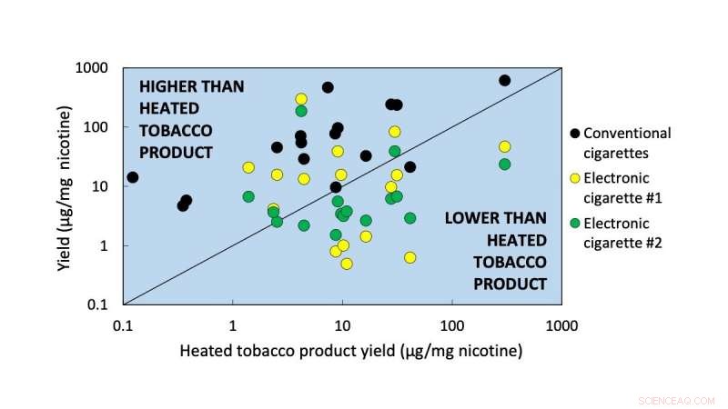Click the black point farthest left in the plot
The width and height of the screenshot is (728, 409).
(133, 177)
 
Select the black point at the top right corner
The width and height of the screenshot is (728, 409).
(505, 81)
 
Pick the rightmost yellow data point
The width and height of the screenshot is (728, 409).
(505, 146)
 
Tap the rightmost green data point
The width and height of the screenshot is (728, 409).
(505, 165)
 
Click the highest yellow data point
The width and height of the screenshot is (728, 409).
(301, 99)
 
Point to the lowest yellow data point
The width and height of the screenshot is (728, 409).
(347, 264)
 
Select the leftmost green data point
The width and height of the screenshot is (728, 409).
(248, 196)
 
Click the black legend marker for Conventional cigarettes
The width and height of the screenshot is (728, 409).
(573, 134)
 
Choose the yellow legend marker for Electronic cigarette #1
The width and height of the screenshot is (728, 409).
(573, 178)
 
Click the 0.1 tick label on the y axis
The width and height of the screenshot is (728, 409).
(98, 304)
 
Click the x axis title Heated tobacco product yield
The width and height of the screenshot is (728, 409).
(350, 351)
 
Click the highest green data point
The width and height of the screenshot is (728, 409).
(301, 111)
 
